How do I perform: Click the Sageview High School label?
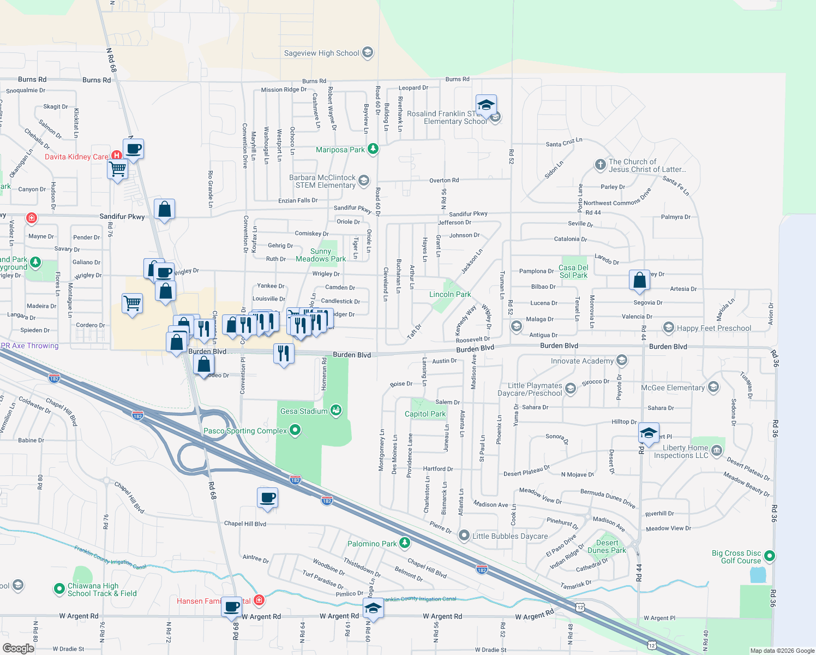321,53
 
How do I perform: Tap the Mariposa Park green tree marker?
373,149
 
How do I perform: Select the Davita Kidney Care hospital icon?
116,156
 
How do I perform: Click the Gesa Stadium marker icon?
336,410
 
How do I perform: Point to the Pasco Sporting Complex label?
245,431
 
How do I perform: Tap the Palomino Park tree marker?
404,543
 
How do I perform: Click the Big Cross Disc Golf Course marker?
769,556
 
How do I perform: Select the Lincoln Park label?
449,294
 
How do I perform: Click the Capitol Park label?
425,414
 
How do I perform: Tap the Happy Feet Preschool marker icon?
668,327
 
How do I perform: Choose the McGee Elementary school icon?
713,387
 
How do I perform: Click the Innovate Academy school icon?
621,360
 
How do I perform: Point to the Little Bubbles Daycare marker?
464,535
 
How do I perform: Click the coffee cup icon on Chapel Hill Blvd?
267,498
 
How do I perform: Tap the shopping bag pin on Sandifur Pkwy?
164,209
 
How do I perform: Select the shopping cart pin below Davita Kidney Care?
118,169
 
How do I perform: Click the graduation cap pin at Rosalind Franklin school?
485,104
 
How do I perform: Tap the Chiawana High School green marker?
59,589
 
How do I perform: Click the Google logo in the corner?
18,648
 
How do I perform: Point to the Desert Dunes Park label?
607,546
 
